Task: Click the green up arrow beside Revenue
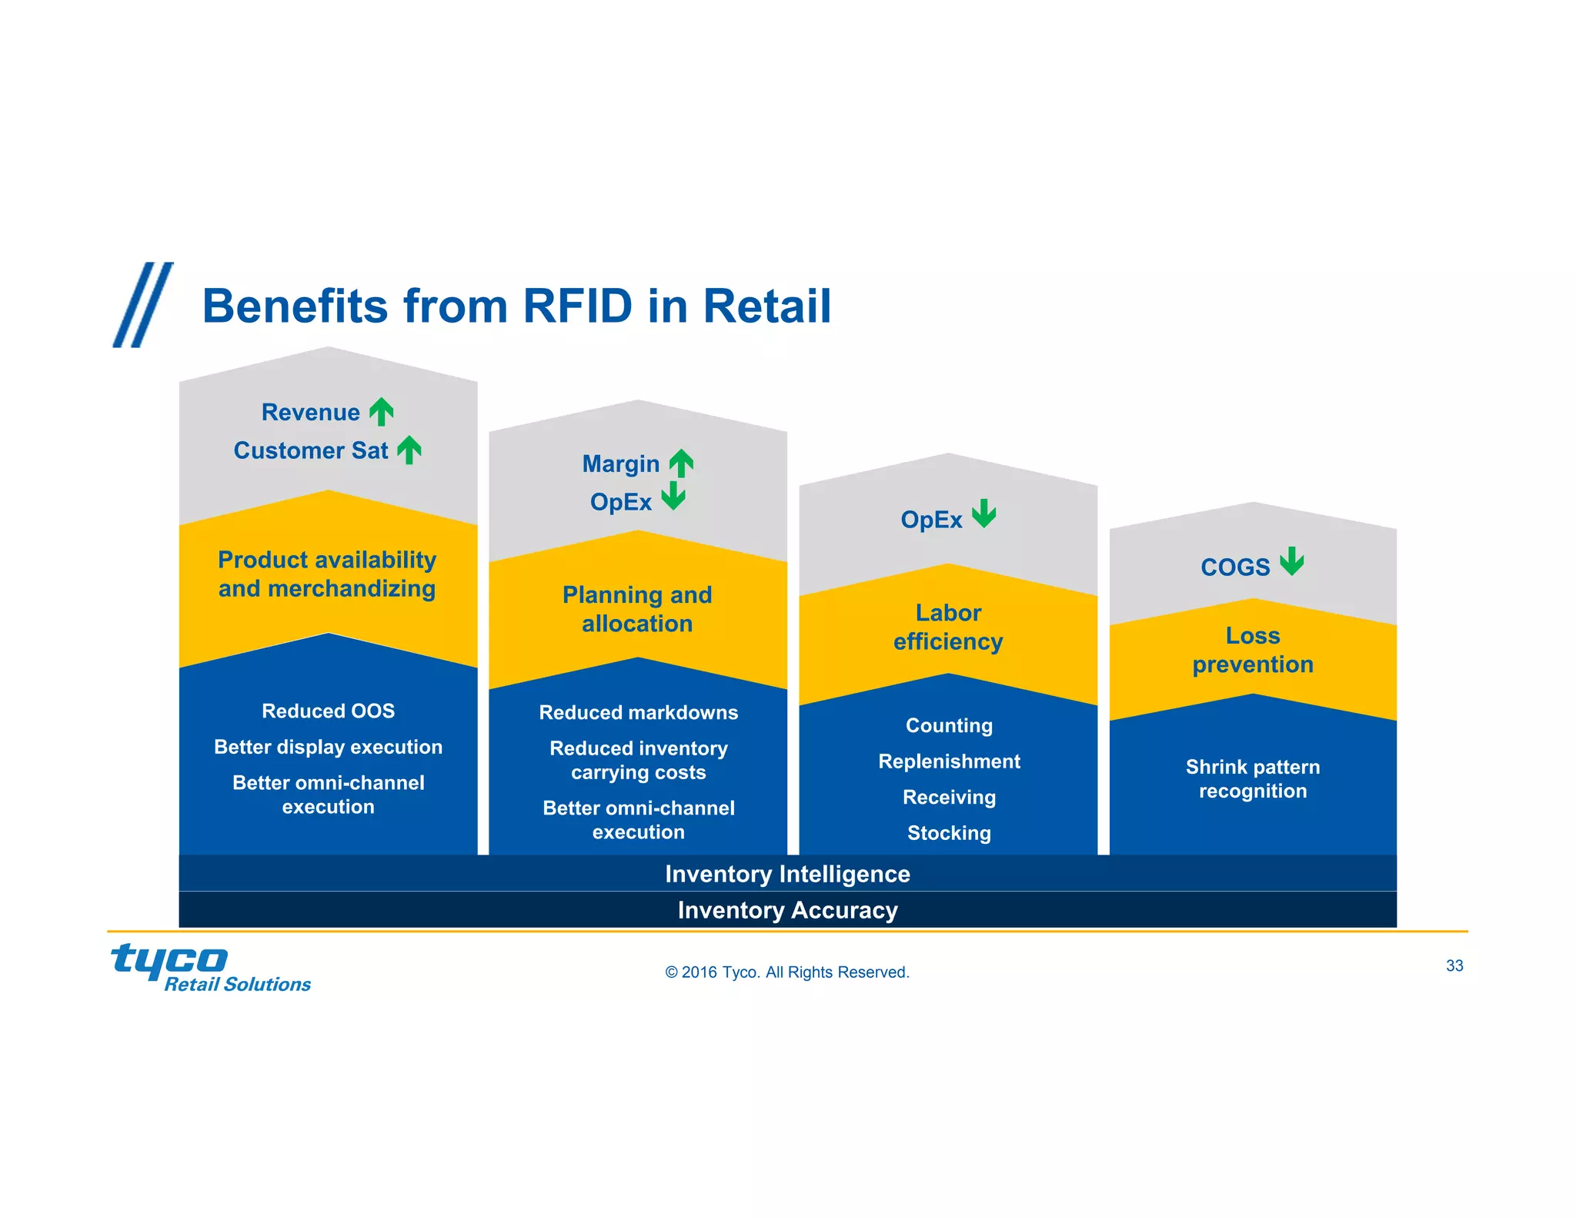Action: point(381,412)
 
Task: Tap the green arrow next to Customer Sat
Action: point(409,450)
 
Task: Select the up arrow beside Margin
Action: point(681,463)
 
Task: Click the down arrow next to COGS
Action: point(1292,561)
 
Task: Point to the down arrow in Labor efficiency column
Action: point(983,514)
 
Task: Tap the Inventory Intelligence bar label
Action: point(787,874)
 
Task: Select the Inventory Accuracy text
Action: point(787,910)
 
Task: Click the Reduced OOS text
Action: point(328,711)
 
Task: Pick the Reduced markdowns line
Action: point(638,712)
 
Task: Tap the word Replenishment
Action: point(949,761)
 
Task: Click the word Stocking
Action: point(949,833)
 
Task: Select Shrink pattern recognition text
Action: point(1252,778)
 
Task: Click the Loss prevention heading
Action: point(1252,650)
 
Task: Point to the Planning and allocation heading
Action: point(637,609)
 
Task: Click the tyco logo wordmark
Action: point(169,960)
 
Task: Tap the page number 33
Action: point(1454,965)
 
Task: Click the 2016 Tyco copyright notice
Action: point(787,972)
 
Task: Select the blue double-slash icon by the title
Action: point(143,305)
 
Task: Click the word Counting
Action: point(949,725)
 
